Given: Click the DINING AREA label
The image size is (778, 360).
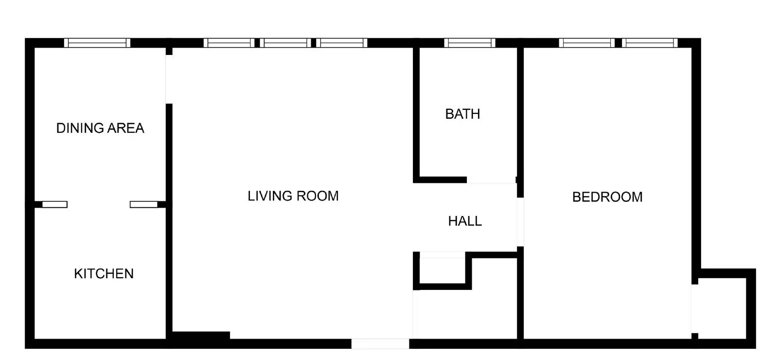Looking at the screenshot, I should coord(100,128).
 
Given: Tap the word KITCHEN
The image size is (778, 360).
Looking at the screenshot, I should coord(104,274).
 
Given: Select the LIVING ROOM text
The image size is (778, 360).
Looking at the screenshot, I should coord(293,196).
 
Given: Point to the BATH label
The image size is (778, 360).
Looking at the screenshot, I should coord(462,114).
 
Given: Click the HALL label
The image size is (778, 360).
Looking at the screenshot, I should coord(465,221).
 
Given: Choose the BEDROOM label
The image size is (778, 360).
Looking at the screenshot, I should coord(607,197).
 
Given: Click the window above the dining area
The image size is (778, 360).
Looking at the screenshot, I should coord(97,43).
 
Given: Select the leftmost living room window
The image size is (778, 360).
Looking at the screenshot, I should coord(229,43).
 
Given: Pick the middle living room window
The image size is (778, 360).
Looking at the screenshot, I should coord(285,43).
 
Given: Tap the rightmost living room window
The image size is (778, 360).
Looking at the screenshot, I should coord(342,43).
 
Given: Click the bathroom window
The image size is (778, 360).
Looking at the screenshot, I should coord(469,43).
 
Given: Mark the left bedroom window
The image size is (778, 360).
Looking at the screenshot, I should coord(587,43).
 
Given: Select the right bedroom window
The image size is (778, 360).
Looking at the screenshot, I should coord(649,43).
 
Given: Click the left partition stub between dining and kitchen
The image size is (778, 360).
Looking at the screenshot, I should coord(54,204).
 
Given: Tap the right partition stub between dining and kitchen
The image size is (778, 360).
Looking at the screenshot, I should coord(143,204).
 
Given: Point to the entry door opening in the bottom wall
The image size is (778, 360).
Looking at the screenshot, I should coord(380,344).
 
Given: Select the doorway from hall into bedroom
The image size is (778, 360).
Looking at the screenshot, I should coord(520,222).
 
